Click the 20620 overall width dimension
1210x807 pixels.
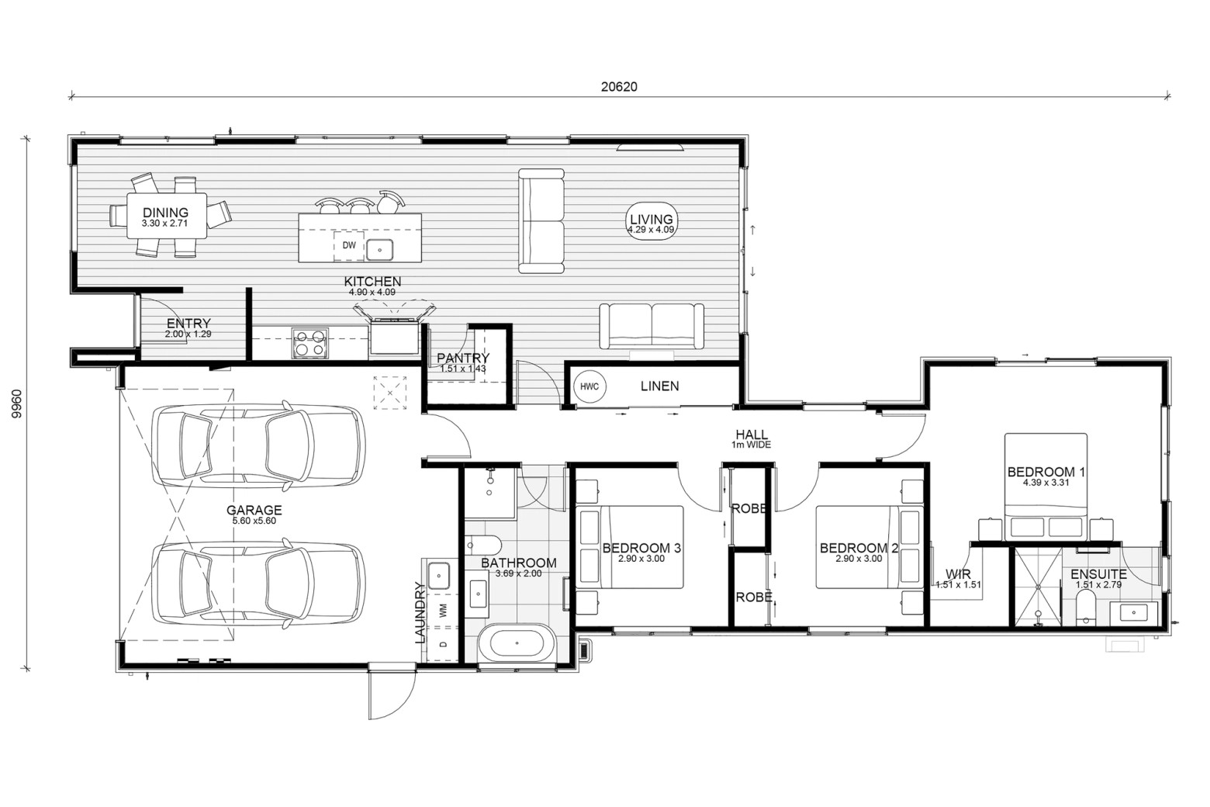pyautogui.click(x=619, y=86)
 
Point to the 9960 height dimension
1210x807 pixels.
pyautogui.click(x=17, y=403)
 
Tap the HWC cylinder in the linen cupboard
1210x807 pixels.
pyautogui.click(x=589, y=386)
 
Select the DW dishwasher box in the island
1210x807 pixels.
pyautogui.click(x=350, y=245)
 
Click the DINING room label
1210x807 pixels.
pyautogui.click(x=165, y=213)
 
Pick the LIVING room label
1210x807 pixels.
pyautogui.click(x=652, y=220)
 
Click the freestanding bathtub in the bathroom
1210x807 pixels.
pyautogui.click(x=517, y=643)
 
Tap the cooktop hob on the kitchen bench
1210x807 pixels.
pyautogui.click(x=309, y=343)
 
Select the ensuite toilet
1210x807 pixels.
pyautogui.click(x=1084, y=608)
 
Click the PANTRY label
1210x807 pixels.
pyautogui.click(x=463, y=358)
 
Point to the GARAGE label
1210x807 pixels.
pyautogui.click(x=254, y=510)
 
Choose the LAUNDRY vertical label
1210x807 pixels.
pyautogui.click(x=420, y=612)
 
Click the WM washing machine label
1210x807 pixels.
pyautogui.click(x=444, y=611)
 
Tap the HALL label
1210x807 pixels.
pyautogui.click(x=752, y=435)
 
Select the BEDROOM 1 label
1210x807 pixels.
pyautogui.click(x=1046, y=472)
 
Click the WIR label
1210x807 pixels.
pyautogui.click(x=958, y=574)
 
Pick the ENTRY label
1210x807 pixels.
pyautogui.click(x=188, y=324)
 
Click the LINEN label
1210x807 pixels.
pyautogui.click(x=659, y=386)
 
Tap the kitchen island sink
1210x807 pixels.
pyautogui.click(x=380, y=251)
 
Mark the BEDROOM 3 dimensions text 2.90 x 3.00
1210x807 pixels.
pyautogui.click(x=641, y=559)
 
